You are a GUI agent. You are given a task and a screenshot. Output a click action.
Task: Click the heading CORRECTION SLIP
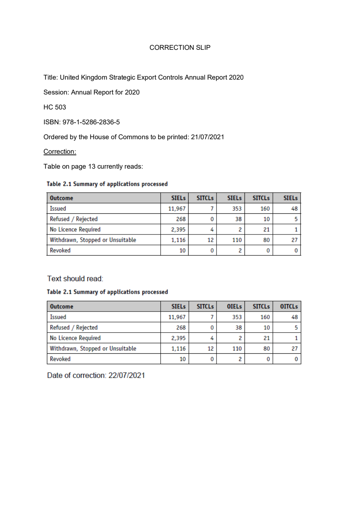coord(180,48)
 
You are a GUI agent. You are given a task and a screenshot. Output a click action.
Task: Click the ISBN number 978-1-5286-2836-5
coord(91,122)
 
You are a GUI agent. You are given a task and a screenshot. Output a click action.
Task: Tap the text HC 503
coord(54,107)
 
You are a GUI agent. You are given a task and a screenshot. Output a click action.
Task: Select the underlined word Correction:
coord(60,152)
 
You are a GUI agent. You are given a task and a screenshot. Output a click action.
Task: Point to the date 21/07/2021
coord(207,137)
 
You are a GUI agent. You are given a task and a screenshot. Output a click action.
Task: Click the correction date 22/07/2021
coord(126,376)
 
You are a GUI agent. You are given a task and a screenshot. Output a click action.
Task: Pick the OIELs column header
coord(234,306)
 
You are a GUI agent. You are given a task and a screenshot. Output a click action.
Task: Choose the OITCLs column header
coord(289,306)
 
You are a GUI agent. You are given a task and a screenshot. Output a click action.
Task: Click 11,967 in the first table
coord(177,209)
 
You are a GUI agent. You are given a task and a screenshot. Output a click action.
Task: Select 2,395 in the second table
coord(178,338)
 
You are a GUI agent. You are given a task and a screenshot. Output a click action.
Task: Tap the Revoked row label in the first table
coord(60,250)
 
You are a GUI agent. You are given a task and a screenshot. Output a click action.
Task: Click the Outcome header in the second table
coord(61,306)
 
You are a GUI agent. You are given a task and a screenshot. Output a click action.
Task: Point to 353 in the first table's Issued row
coord(237,209)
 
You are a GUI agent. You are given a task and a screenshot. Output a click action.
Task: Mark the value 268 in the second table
coord(181,328)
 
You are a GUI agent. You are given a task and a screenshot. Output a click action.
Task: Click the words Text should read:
coord(75,279)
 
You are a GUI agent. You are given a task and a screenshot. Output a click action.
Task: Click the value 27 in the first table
coord(294,240)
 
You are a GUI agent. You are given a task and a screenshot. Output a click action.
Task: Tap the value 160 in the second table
coord(265,317)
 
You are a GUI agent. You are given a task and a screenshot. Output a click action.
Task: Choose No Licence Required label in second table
coord(75,338)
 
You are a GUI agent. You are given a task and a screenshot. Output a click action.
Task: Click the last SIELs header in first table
coord(290,198)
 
